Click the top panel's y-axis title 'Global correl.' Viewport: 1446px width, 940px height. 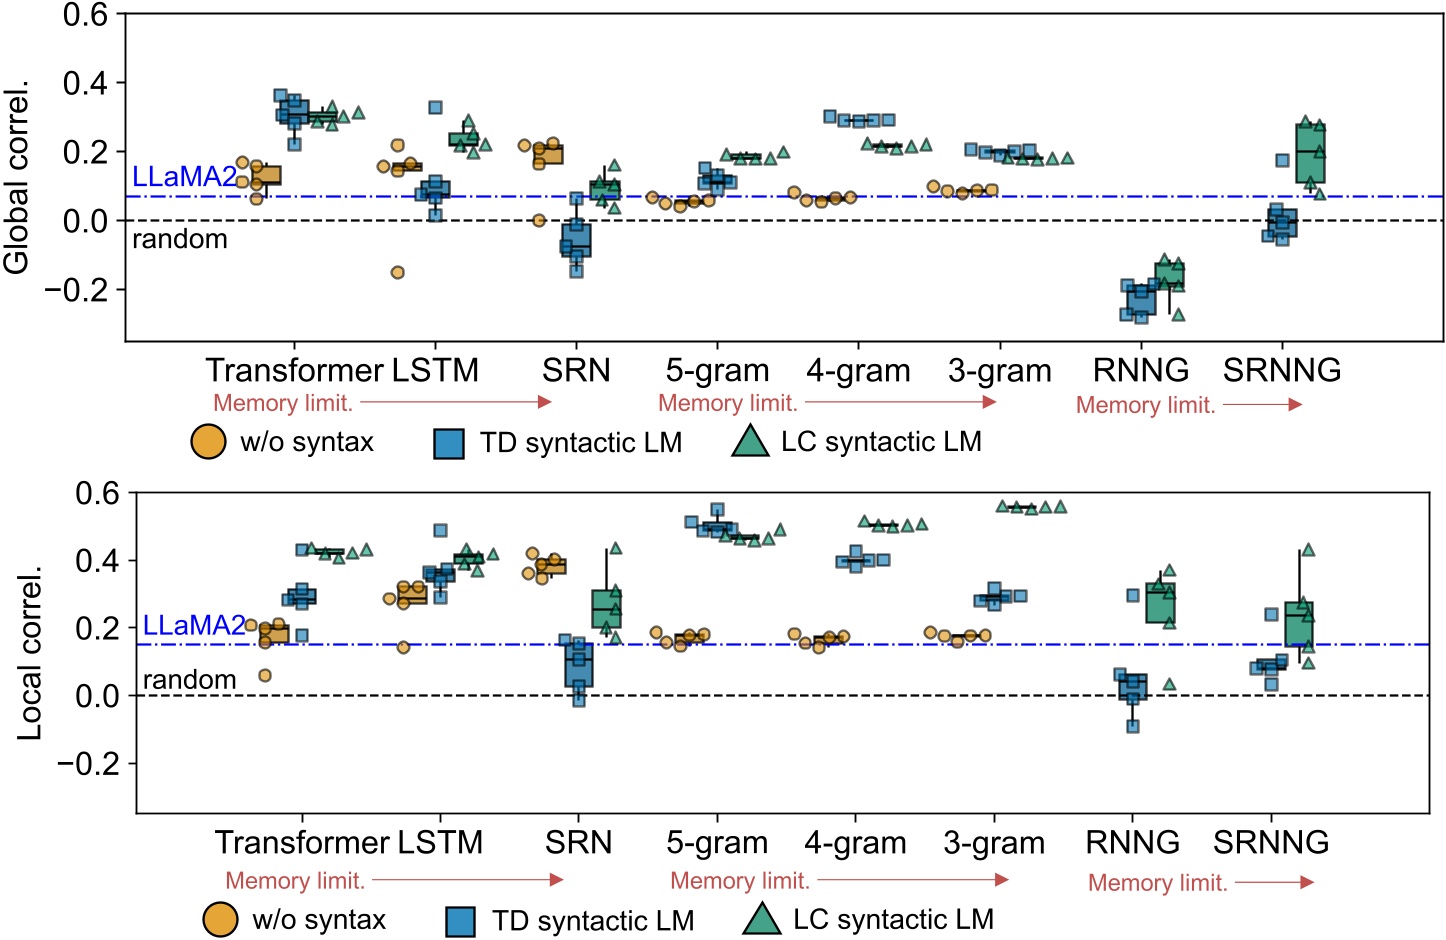click(16, 176)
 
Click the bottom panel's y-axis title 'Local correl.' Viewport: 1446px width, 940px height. click(29, 654)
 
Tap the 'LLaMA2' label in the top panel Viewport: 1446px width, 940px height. click(185, 177)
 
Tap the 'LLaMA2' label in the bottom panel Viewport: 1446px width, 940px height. click(194, 626)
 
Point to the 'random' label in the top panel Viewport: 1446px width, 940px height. click(180, 239)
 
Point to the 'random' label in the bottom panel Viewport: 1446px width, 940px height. click(190, 680)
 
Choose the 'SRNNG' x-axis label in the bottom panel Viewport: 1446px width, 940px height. click(1271, 842)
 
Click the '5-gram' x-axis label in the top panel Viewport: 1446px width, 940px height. click(717, 370)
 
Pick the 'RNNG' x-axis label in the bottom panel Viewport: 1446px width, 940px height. click(1132, 842)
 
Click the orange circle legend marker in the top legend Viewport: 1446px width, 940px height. click(208, 442)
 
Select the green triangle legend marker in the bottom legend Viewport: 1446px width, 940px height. click(762, 919)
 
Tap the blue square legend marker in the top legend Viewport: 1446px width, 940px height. click(449, 443)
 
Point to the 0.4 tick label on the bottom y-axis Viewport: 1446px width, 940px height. click(99, 560)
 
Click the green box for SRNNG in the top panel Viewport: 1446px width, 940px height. click(1310, 153)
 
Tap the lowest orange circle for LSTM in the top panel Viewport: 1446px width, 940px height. click(397, 272)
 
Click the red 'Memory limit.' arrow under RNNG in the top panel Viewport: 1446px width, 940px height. click(1262, 405)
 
